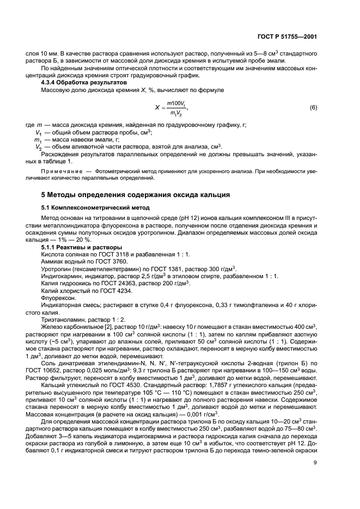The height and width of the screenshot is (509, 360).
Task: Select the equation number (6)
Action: tap(313, 107)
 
